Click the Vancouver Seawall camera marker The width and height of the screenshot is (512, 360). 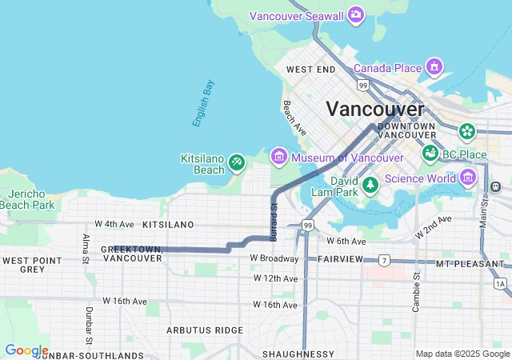point(355,15)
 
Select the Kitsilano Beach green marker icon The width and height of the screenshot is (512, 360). point(237,163)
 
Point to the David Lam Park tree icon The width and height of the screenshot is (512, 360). point(370,186)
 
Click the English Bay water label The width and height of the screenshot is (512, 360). point(203,103)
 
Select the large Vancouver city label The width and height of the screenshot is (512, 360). point(374,109)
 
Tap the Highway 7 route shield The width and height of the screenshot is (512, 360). point(385,261)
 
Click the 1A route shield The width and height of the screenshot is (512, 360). point(501,283)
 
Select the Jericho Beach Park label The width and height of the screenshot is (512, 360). point(27,199)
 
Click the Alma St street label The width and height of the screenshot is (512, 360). point(86,246)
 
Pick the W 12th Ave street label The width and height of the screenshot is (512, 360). point(275,278)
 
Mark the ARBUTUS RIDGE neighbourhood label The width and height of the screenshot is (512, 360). point(204,330)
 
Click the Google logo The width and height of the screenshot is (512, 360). point(26,350)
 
